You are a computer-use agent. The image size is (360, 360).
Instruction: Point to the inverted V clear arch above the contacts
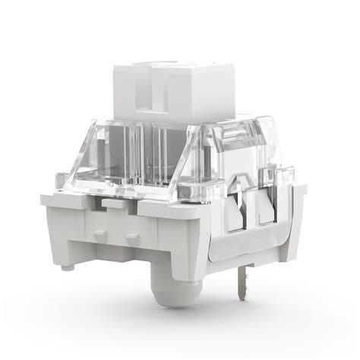(x=241, y=182)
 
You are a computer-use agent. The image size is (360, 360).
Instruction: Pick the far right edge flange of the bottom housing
(x=302, y=220)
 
